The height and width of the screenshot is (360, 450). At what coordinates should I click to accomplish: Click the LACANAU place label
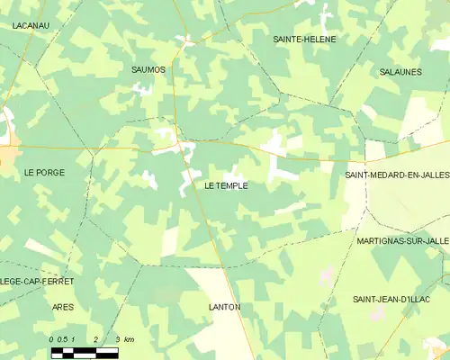31,26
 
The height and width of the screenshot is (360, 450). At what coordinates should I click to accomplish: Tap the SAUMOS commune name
148,69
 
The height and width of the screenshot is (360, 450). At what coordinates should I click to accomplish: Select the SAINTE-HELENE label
304,40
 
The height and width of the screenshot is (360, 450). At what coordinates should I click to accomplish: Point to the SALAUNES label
400,72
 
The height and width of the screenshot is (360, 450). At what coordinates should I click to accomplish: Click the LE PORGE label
44,172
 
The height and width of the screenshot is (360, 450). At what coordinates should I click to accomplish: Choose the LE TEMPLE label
226,185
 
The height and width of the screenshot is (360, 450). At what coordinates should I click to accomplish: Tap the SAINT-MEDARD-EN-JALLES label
397,175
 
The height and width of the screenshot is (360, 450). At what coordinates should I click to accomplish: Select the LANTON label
224,307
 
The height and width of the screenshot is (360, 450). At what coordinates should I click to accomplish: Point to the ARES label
63,307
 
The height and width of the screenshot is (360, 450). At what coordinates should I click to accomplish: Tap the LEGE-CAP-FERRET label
36,282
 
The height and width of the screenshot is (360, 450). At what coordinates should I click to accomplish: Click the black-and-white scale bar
84,353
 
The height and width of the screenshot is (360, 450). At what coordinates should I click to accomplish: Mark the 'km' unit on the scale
129,339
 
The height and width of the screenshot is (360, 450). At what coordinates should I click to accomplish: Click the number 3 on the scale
117,339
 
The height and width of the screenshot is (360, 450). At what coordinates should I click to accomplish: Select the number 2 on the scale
94,339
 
